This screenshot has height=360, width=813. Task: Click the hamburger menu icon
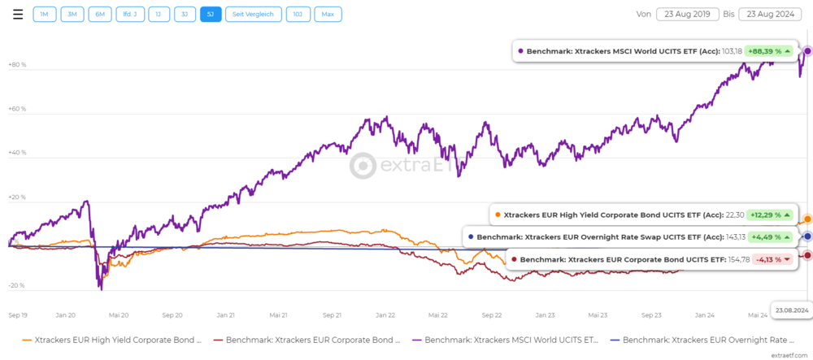point(17,15)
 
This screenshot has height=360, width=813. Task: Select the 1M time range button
point(45,15)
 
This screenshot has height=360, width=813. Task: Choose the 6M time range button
point(99,15)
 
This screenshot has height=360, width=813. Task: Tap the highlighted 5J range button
point(210,15)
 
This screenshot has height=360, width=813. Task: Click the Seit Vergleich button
point(254,15)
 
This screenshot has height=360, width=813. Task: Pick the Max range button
point(328,15)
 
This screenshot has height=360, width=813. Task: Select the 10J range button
point(298,15)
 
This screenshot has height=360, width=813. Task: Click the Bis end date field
point(772,15)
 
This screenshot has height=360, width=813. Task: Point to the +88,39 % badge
point(769,51)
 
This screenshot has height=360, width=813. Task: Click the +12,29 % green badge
point(769,215)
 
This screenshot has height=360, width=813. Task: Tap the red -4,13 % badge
point(771,259)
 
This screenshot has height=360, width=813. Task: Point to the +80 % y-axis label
point(16,64)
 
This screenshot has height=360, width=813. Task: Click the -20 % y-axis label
point(16,286)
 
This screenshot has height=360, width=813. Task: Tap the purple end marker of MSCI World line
point(807,51)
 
